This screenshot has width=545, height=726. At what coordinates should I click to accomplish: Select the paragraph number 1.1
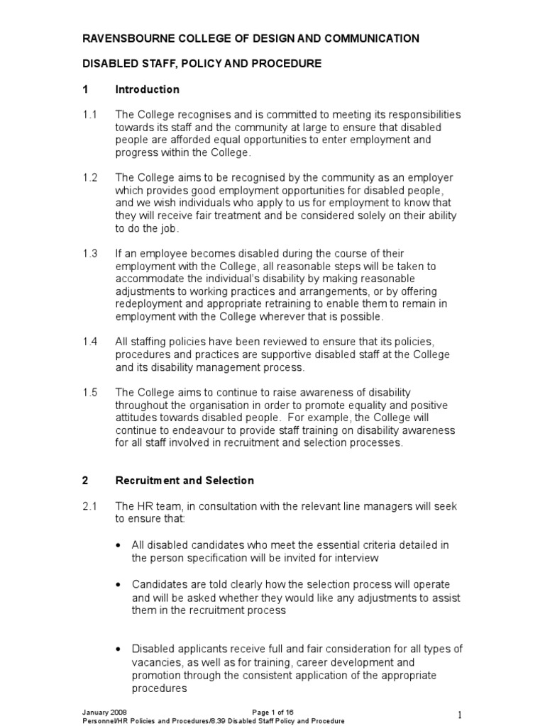coord(90,115)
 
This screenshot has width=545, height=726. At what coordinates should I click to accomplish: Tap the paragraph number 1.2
coord(90,178)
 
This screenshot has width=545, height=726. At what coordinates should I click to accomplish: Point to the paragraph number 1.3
coord(90,254)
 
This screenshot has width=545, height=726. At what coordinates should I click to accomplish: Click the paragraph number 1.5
coord(90,393)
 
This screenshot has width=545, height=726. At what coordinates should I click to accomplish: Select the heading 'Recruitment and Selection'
coord(185,481)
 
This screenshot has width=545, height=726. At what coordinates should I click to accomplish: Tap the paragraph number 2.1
coord(90,506)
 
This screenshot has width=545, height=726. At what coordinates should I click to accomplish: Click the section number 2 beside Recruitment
coord(85,481)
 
